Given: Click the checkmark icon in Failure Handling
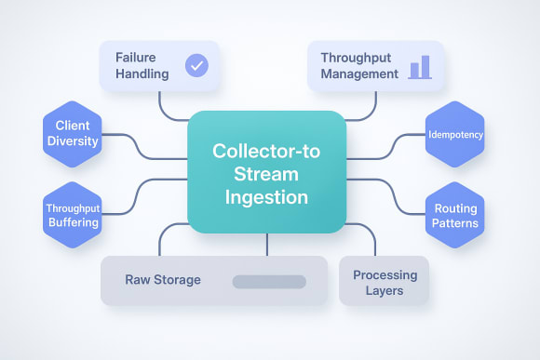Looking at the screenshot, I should tap(196, 65).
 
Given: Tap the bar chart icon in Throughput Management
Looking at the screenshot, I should tap(419, 66).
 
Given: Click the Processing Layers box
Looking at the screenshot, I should tap(385, 283).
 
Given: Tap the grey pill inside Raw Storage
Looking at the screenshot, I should tap(268, 281).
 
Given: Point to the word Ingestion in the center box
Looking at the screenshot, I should tap(266, 197).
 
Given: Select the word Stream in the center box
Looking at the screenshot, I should tap(266, 174).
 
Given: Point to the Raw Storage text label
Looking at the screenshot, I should tap(163, 280).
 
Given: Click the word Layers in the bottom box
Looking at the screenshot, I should tap(385, 291).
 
